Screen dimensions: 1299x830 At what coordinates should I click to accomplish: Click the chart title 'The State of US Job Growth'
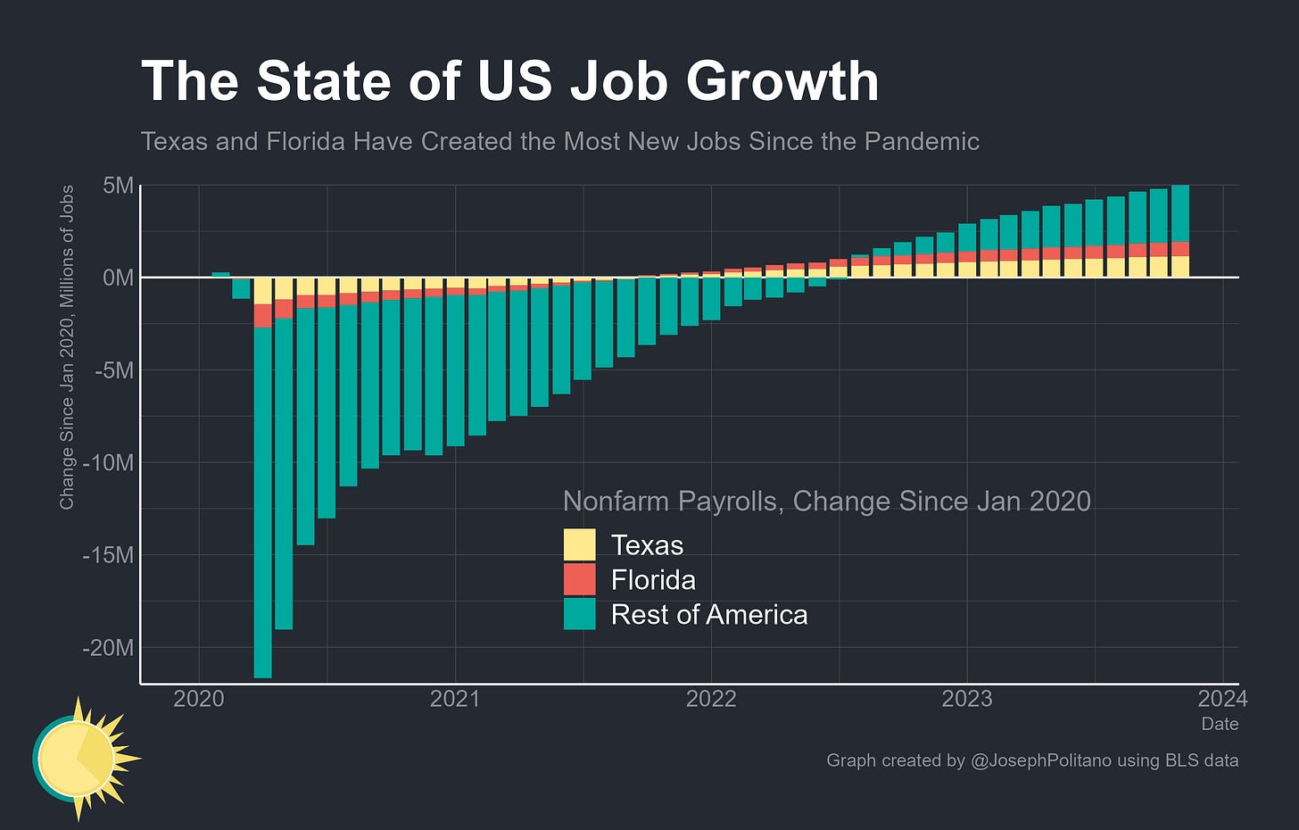509,81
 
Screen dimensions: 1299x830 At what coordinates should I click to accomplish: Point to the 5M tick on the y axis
119,186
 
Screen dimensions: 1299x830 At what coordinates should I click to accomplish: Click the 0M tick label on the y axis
119,278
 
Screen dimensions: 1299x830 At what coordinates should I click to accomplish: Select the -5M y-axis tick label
114,370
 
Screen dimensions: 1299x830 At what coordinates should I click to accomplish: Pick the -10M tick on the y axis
109,463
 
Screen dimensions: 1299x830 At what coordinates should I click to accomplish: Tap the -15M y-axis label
109,555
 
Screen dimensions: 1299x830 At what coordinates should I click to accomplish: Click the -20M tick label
109,647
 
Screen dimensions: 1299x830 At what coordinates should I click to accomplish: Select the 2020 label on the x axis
199,699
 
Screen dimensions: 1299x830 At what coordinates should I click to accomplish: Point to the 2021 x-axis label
455,699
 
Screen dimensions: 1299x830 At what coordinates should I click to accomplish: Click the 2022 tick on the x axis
711,699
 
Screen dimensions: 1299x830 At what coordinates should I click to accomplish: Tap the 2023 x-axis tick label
967,699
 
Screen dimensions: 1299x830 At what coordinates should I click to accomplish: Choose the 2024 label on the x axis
1222,699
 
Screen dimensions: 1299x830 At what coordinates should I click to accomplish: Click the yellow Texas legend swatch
579,544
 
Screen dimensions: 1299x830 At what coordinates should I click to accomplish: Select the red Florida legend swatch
579,579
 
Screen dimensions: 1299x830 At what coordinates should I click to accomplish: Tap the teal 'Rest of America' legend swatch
579,614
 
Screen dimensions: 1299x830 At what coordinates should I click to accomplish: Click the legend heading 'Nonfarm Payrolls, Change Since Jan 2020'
827,502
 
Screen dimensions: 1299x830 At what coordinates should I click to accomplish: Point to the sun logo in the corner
86,759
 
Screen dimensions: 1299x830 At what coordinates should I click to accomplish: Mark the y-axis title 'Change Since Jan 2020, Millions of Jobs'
67,347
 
